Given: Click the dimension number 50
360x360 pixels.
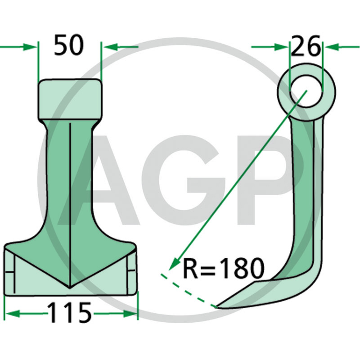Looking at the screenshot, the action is (69, 45).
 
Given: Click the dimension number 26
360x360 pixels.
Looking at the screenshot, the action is (306, 46).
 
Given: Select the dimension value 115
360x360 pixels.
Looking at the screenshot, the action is (70, 313).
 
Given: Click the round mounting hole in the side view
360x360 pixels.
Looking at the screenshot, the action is (306, 91).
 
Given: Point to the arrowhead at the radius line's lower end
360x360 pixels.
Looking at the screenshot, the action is (174, 264).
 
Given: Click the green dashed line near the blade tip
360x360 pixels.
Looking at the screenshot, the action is (188, 290).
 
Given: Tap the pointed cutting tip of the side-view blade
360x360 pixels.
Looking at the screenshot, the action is (217, 307).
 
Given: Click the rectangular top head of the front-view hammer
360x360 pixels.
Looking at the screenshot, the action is (70, 99).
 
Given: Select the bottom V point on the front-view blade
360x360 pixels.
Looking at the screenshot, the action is (70, 288).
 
